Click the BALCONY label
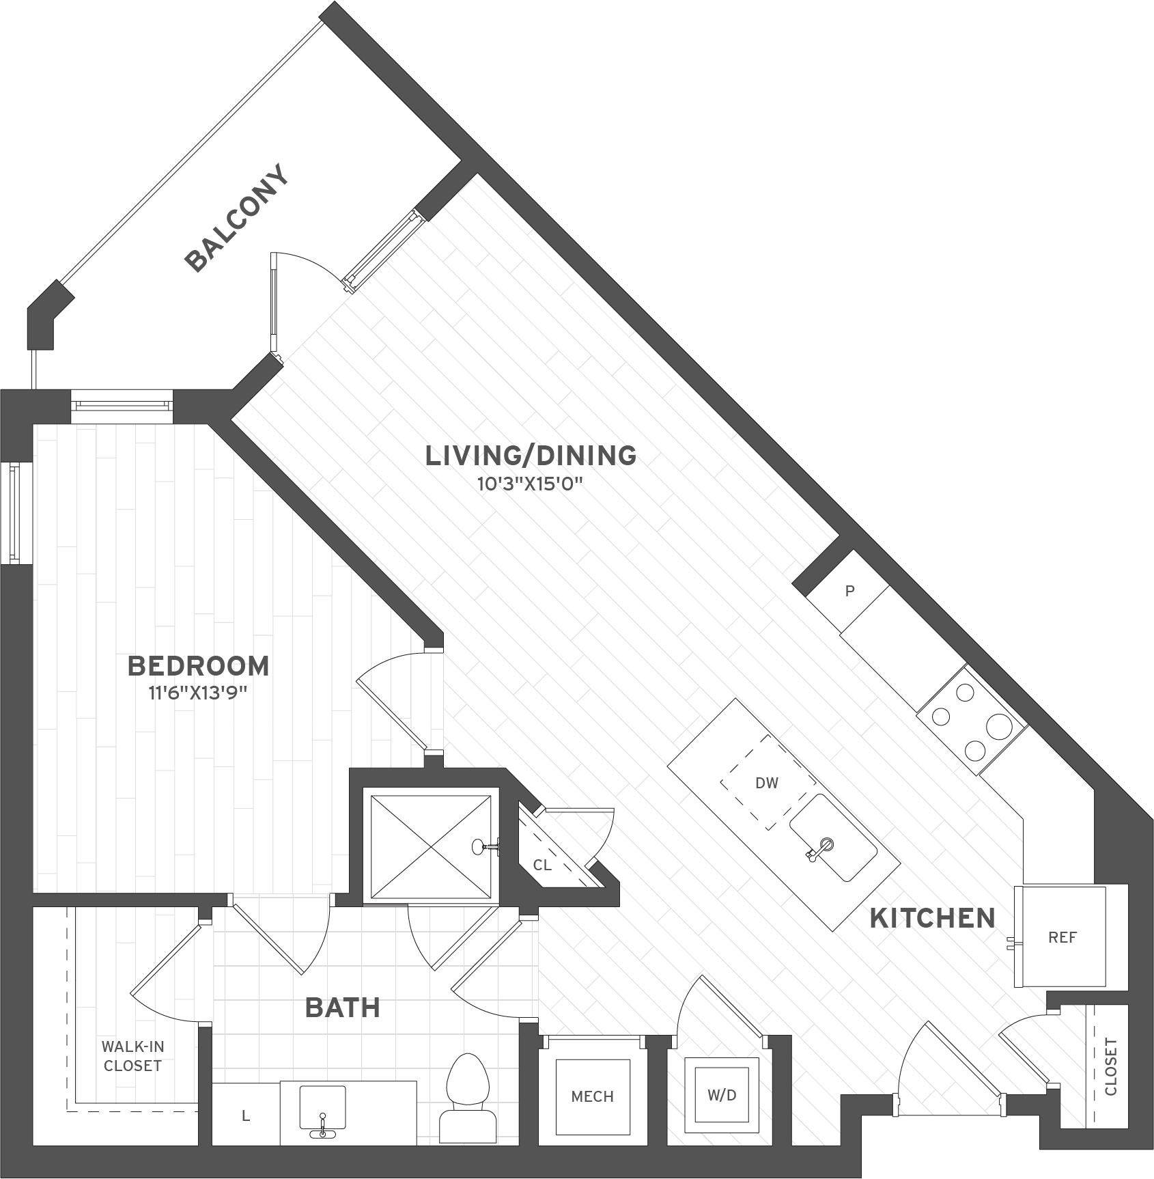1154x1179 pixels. point(237,219)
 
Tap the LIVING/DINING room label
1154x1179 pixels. point(531,456)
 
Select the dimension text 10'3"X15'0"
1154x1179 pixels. point(530,485)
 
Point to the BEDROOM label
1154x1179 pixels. point(198,666)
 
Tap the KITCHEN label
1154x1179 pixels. point(932,919)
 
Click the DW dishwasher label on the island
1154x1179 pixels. point(766,783)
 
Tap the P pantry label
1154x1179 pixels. point(849,592)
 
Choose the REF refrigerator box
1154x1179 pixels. point(1062,938)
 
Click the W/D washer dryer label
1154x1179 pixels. point(722,1095)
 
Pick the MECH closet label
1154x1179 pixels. point(592,1096)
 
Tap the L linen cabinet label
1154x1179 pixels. point(246,1116)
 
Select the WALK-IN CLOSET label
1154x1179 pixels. point(132,1056)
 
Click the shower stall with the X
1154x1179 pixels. point(430,846)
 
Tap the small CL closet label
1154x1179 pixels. point(542,865)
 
